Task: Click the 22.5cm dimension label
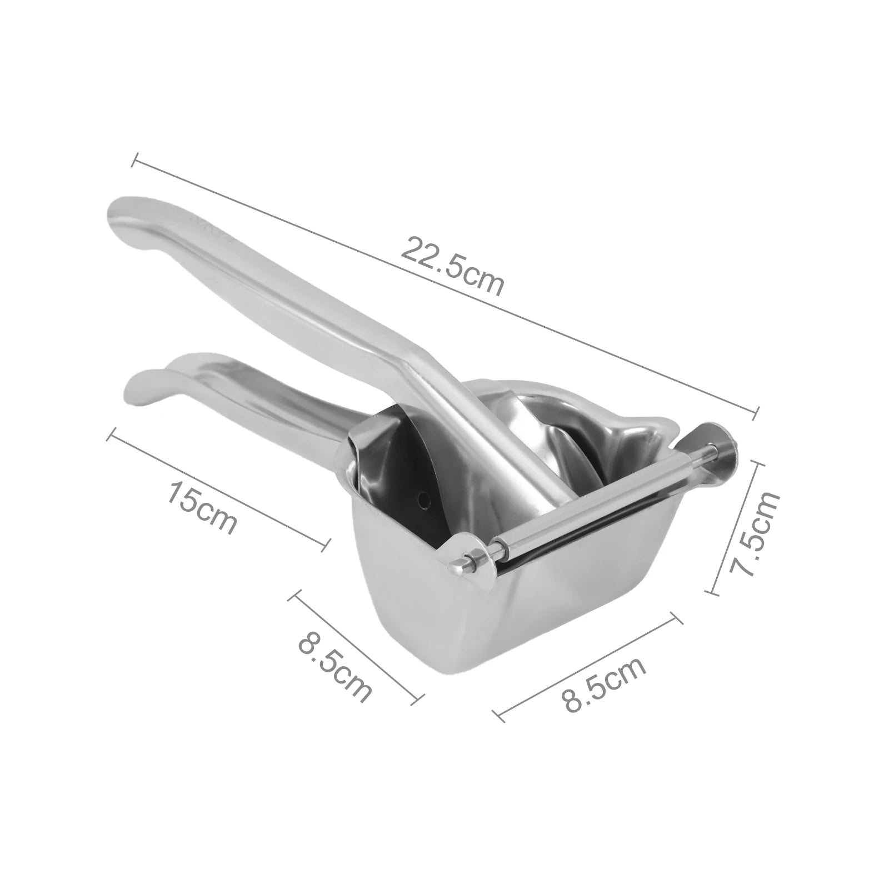[452, 266]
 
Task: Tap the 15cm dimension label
[203, 507]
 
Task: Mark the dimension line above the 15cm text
[217, 490]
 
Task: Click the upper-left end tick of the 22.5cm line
[133, 159]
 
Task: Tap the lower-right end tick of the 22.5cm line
[756, 412]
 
